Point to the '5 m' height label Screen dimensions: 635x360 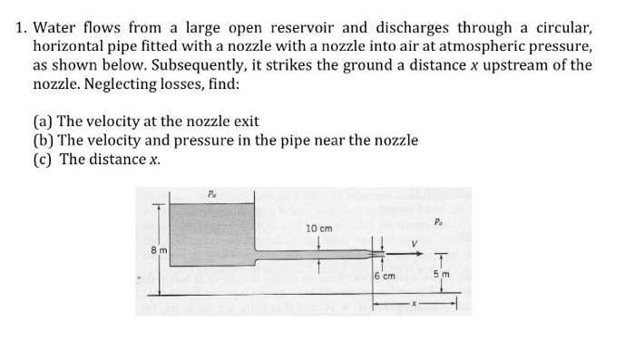pyautogui.click(x=442, y=274)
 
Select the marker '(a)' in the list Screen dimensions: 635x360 pyautogui.click(x=43, y=121)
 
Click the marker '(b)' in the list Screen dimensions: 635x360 pyautogui.click(x=43, y=140)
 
